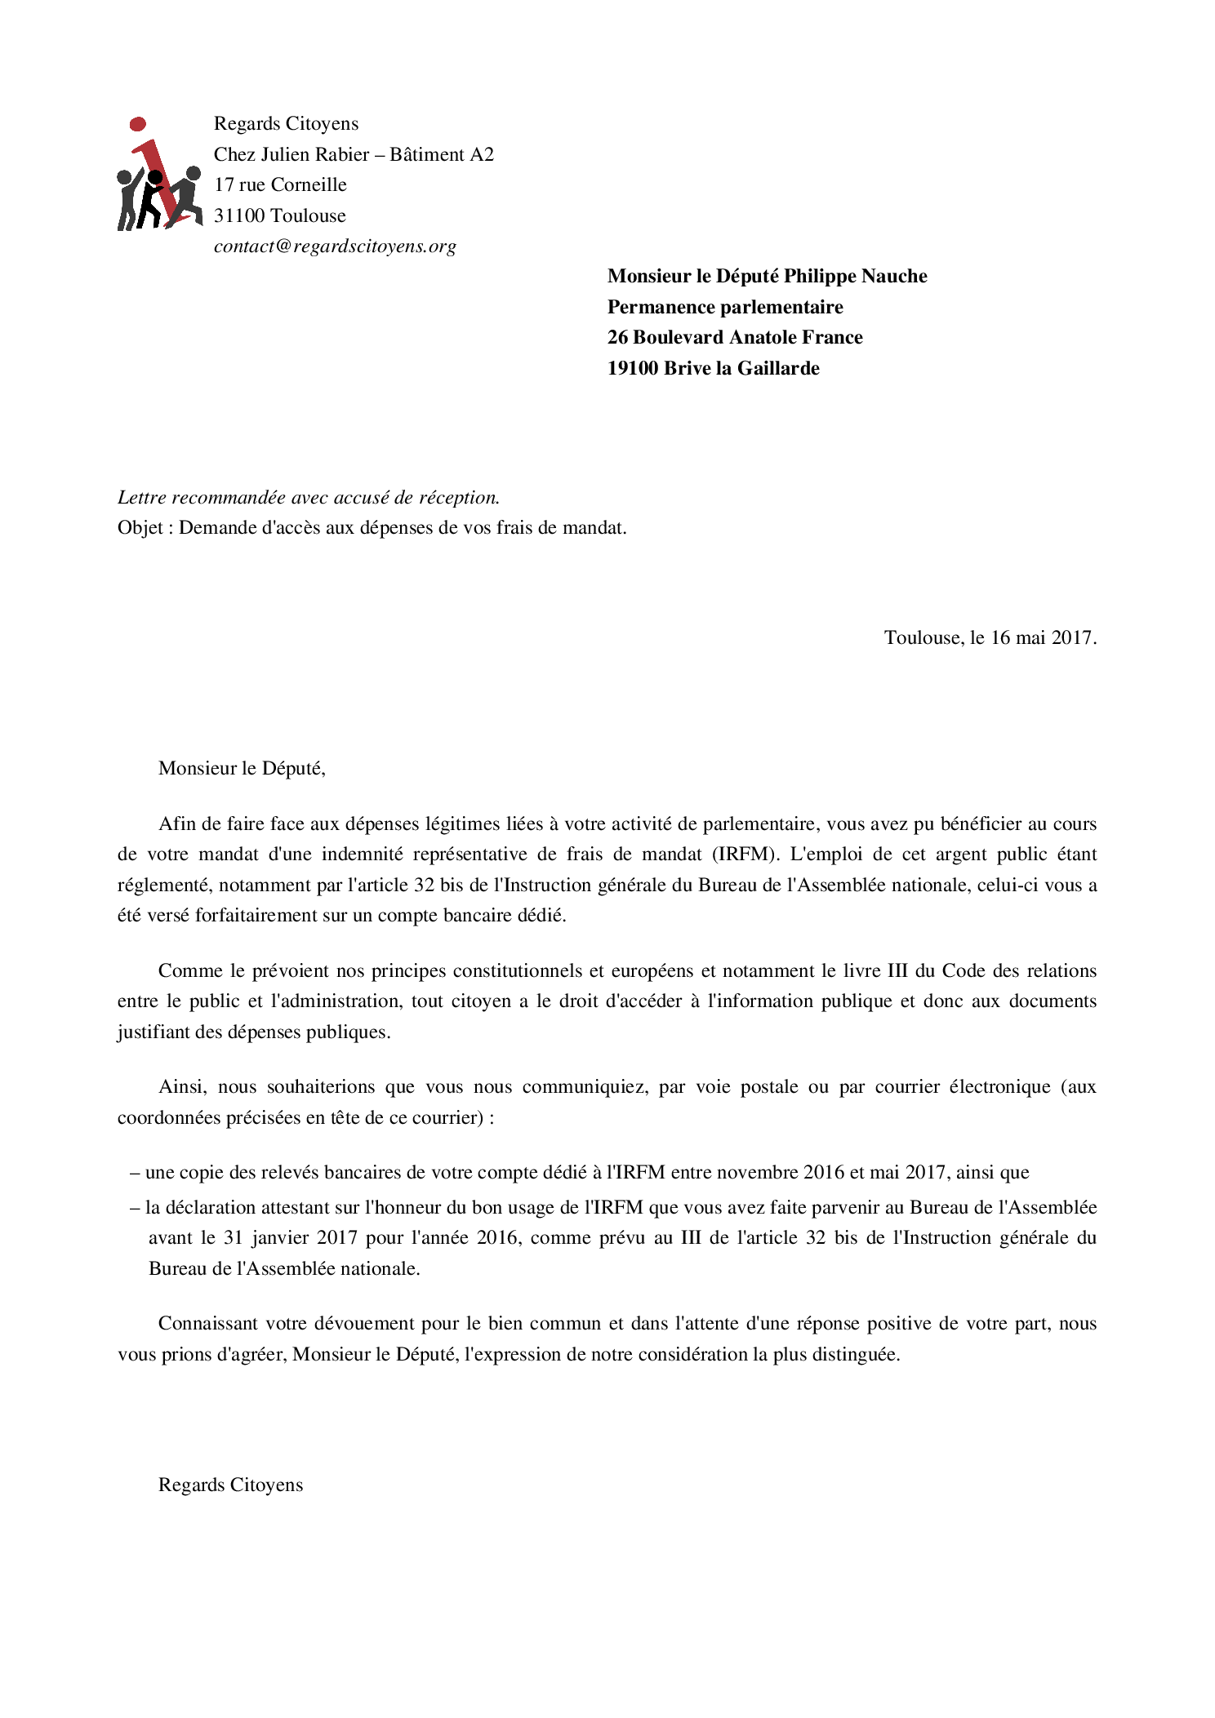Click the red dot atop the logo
point(138,124)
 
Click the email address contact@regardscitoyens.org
point(335,246)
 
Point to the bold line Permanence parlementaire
point(725,307)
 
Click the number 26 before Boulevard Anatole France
point(617,338)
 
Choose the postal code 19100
point(632,368)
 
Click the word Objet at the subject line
point(140,528)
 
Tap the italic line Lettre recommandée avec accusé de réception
point(309,497)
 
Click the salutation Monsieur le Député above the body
point(242,768)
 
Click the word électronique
point(999,1087)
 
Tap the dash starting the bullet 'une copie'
point(135,1173)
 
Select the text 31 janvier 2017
point(291,1238)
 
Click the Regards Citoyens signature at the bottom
point(230,1485)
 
